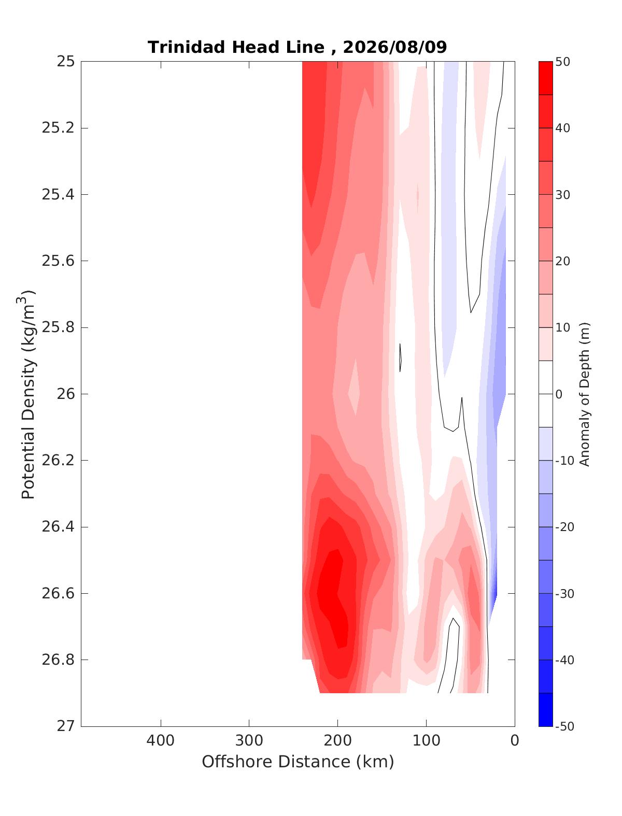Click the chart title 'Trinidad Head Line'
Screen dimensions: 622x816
(236, 48)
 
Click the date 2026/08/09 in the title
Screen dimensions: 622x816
(394, 48)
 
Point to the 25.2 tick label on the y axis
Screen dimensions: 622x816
(58, 128)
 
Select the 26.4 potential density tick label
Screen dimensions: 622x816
(58, 527)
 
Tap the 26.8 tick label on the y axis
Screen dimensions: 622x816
(58, 660)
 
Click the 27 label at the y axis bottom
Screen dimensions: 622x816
(66, 726)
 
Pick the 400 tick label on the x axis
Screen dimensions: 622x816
(160, 740)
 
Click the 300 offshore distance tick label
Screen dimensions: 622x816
(249, 740)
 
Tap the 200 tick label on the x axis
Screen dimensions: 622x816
(337, 740)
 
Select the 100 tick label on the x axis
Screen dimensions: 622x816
(426, 740)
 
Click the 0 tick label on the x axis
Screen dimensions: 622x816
(515, 740)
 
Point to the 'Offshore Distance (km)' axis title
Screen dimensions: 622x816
(298, 762)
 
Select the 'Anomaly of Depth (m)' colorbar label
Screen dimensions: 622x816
(585, 394)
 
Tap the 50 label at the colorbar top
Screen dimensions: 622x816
(562, 62)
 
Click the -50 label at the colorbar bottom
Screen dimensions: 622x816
(564, 726)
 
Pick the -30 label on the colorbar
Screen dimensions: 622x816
(564, 594)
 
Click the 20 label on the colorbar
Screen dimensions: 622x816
(562, 261)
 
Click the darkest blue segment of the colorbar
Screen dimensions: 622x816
(545, 710)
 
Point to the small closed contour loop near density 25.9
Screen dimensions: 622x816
(400, 357)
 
